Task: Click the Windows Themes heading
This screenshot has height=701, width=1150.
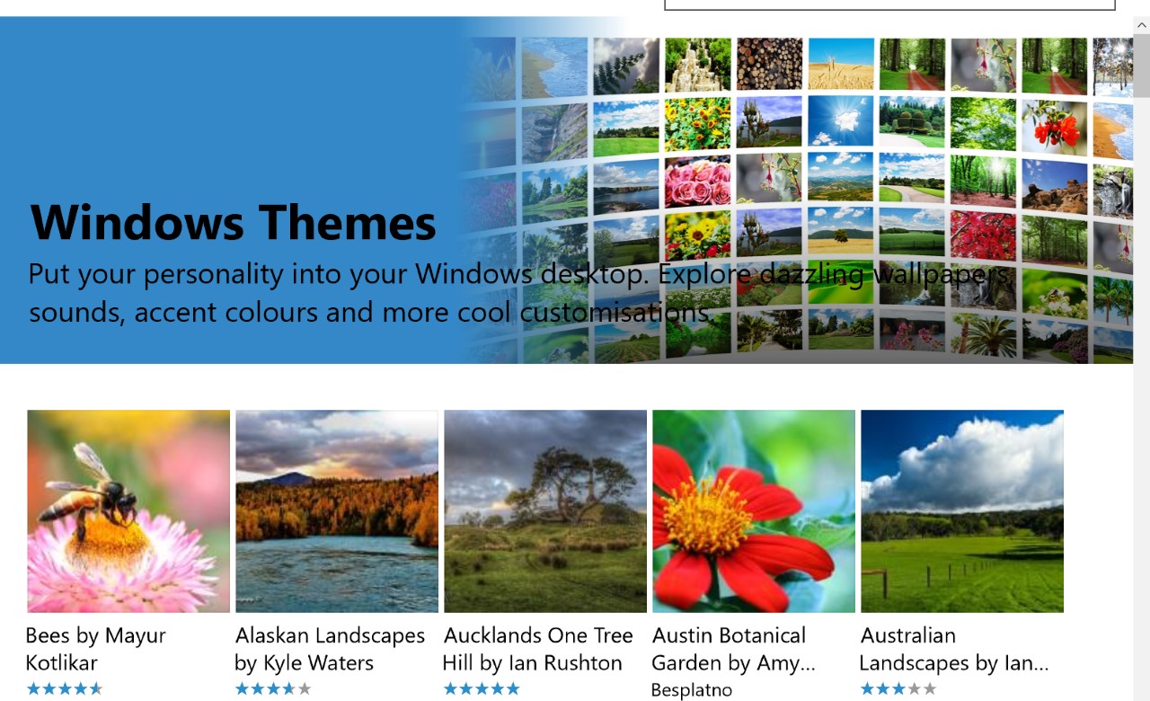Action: pyautogui.click(x=233, y=223)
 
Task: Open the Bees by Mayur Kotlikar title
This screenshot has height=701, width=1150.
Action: pyautogui.click(x=95, y=649)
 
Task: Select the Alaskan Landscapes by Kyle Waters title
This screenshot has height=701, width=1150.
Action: pyautogui.click(x=330, y=649)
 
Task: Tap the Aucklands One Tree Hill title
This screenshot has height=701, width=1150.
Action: pyautogui.click(x=538, y=649)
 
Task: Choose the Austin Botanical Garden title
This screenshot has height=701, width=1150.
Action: pyautogui.click(x=733, y=649)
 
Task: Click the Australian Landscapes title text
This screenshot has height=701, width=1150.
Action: pyautogui.click(x=954, y=649)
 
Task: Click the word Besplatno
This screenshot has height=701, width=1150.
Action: pyautogui.click(x=692, y=689)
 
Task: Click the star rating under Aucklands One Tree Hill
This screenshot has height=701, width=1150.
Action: pyautogui.click(x=482, y=688)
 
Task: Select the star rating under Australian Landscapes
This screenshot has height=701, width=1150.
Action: pyautogui.click(x=898, y=688)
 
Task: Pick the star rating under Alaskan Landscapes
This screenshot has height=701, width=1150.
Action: pyautogui.click(x=273, y=688)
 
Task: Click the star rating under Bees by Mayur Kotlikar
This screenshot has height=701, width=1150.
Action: pyautogui.click(x=65, y=688)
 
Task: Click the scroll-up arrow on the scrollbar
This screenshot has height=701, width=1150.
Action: pyautogui.click(x=1142, y=24)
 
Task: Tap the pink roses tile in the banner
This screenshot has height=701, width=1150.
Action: pyautogui.click(x=697, y=181)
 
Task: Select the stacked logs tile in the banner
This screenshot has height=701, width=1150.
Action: pyautogui.click(x=769, y=63)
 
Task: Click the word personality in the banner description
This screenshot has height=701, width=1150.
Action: pyautogui.click(x=213, y=274)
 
